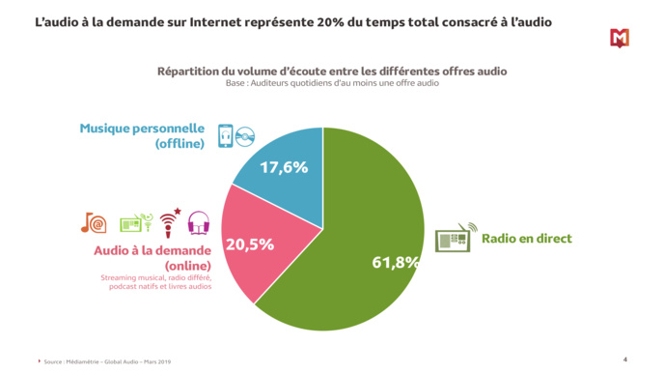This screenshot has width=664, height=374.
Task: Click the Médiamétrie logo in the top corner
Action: pos(619,38)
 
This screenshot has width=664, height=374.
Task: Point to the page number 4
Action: pos(624,359)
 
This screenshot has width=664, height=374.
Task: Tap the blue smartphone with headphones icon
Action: pos(225,135)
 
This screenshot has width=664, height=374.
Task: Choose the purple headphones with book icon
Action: pos(199,223)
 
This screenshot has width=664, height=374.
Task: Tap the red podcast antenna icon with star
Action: pos(170,222)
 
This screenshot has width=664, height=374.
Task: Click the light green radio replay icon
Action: pos(136,223)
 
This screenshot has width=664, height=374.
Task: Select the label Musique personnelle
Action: pos(142,129)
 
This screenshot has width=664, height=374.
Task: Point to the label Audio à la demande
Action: pos(152,250)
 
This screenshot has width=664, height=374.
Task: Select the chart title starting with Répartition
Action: pos(332,72)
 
